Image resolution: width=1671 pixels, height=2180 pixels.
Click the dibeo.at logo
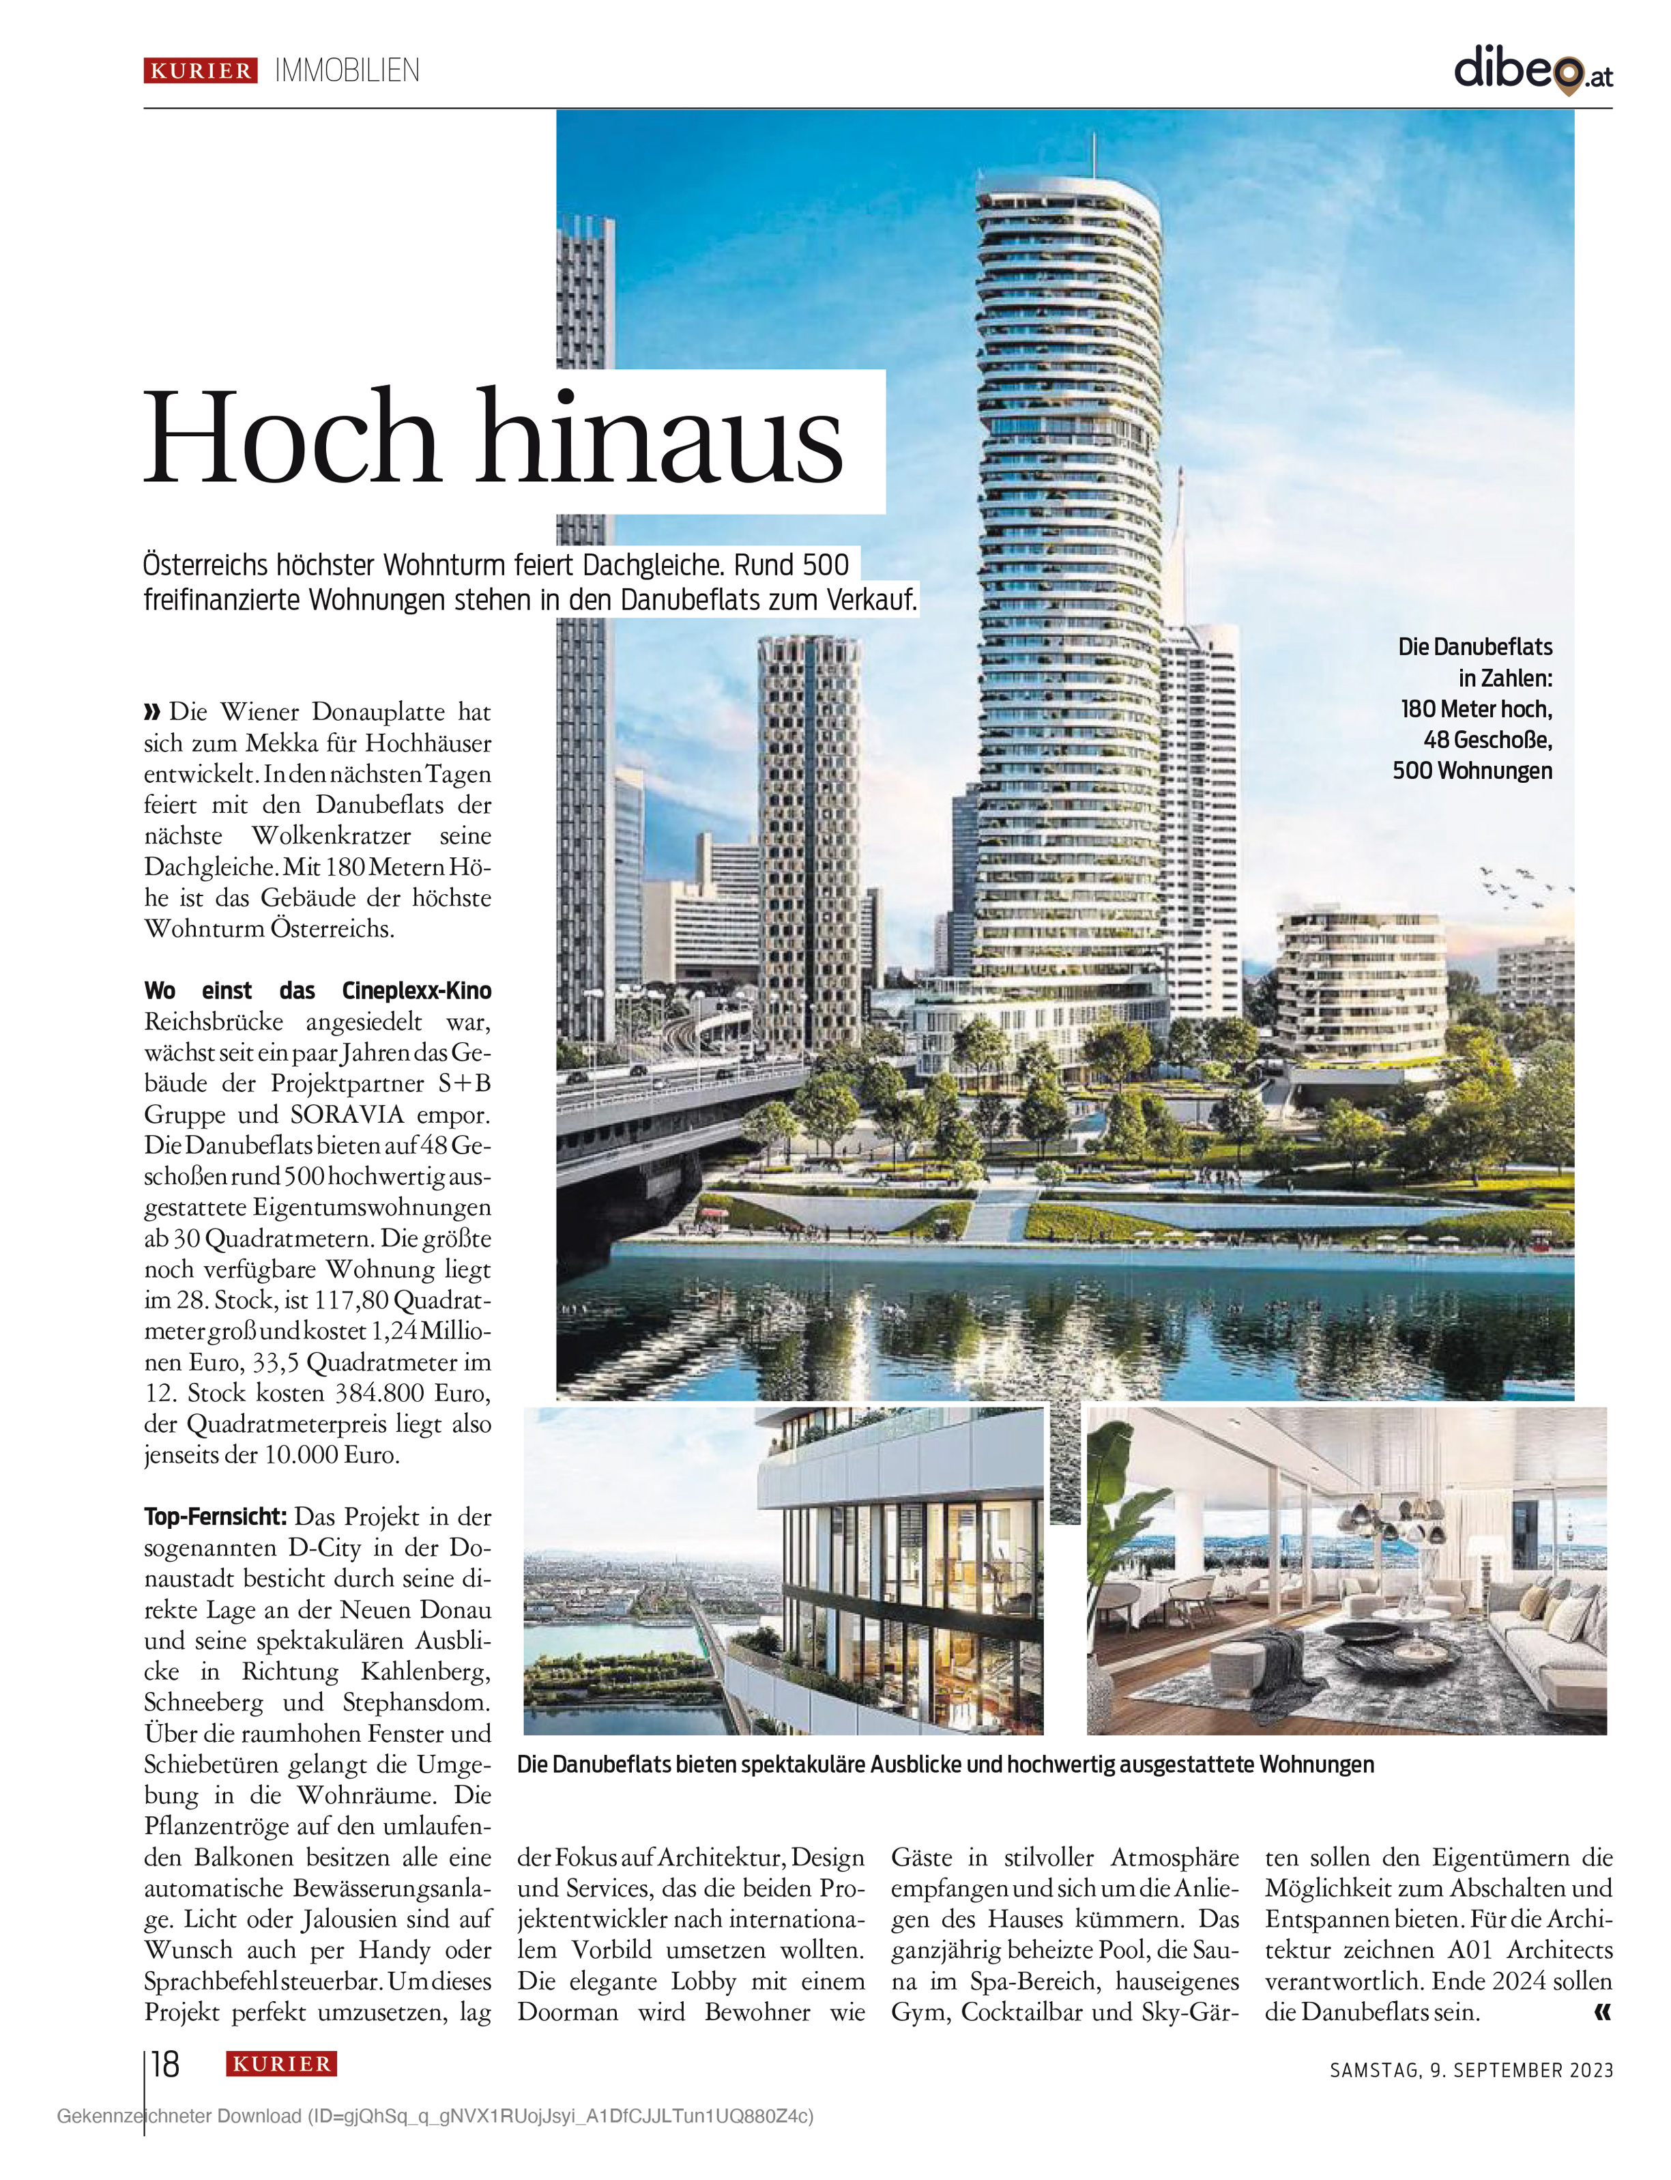(x=1532, y=70)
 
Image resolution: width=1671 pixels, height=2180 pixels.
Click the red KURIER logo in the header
(x=201, y=71)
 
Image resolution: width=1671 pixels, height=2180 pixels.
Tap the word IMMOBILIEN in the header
(x=347, y=71)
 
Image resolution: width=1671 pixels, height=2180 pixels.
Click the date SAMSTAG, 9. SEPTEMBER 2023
(x=1471, y=2069)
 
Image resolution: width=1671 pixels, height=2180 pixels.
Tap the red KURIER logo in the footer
(x=282, y=2063)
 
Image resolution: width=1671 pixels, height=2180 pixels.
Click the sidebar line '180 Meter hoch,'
(x=1476, y=708)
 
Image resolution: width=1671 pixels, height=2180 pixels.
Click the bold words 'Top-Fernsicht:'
(x=215, y=1517)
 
